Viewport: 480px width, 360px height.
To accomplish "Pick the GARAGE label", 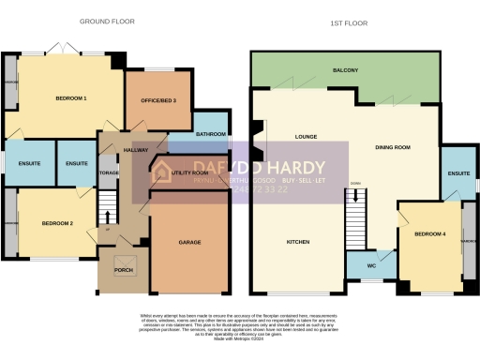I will pyautogui.click(x=190, y=242).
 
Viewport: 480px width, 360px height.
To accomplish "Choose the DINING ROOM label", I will pyautogui.click(x=394, y=147).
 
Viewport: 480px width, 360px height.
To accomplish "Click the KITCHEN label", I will pyautogui.click(x=298, y=242).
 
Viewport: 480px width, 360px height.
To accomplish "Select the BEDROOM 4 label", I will pyautogui.click(x=430, y=233).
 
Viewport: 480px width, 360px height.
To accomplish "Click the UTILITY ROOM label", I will pyautogui.click(x=187, y=172).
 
